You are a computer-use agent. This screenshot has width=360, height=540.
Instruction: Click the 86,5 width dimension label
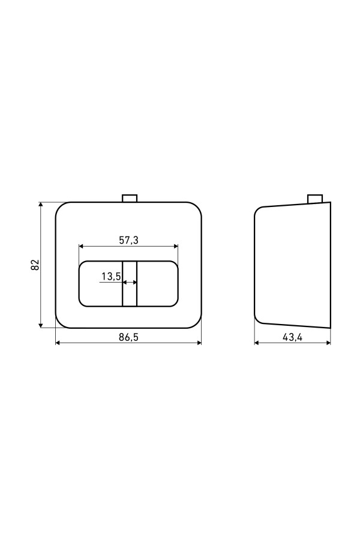pyautogui.click(x=128, y=337)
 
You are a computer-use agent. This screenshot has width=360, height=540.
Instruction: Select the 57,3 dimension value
pyautogui.click(x=128, y=240)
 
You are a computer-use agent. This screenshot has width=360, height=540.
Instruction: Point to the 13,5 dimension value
pyautogui.click(x=111, y=276)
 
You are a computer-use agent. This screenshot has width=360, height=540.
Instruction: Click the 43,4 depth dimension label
pyautogui.click(x=292, y=337)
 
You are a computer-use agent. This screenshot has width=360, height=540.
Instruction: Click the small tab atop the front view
pyautogui.click(x=130, y=199)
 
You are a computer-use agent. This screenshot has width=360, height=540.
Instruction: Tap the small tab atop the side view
pyautogui.click(x=315, y=199)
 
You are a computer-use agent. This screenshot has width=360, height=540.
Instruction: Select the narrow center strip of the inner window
pyautogui.click(x=130, y=283)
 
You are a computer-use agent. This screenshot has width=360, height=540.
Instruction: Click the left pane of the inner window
pyautogui.click(x=101, y=283)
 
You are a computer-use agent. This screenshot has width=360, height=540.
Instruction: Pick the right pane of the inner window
pyautogui.click(x=157, y=283)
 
